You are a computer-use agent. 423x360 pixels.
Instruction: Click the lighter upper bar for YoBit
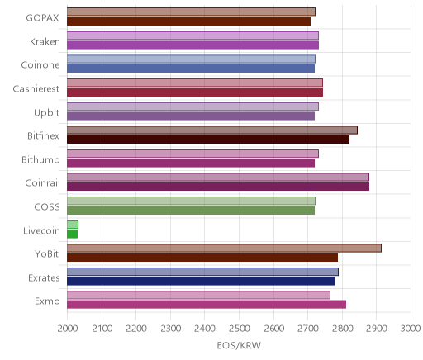point(224,248)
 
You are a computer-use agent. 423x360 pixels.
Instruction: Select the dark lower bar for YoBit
point(202,258)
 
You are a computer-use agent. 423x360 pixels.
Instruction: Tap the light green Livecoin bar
point(73,225)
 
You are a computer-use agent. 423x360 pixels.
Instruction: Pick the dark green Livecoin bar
point(72,234)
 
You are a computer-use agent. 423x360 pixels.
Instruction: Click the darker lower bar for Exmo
point(207,305)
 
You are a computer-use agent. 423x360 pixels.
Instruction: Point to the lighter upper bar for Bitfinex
point(212,130)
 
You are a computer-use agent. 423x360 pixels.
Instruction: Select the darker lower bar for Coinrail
point(218,187)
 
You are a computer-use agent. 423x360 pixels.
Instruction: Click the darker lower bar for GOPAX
point(188,21)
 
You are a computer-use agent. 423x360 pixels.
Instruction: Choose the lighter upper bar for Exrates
point(202,272)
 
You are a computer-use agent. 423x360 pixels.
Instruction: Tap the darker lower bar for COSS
point(191,211)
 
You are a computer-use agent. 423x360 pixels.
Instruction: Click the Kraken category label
point(45,41)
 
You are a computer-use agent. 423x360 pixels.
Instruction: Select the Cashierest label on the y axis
point(36,88)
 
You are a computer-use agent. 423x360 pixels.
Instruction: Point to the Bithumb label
point(40,159)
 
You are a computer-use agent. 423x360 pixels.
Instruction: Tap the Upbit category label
point(47,112)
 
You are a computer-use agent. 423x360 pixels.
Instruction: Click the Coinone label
point(40,65)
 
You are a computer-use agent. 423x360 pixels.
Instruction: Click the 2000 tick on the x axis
point(68,329)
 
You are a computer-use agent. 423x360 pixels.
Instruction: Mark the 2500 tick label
point(240,329)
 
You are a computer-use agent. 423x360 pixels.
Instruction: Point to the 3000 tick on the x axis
point(411,329)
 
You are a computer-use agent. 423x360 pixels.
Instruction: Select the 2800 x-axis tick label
point(342,329)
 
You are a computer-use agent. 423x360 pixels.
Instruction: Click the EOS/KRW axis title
point(239,345)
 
